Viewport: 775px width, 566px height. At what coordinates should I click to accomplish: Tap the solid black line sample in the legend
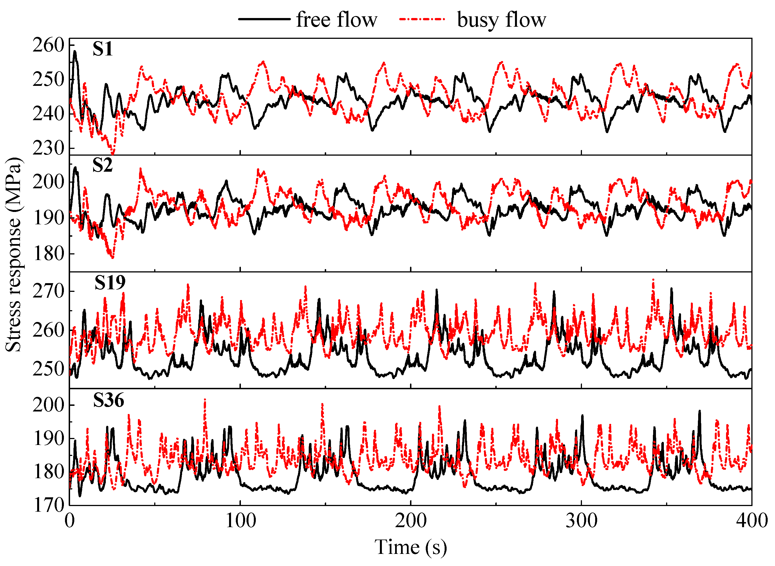(264, 19)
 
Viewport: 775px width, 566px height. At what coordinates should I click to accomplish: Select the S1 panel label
(102, 49)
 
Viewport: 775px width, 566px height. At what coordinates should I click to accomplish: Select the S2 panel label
(102, 165)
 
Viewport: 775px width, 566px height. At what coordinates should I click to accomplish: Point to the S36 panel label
(109, 400)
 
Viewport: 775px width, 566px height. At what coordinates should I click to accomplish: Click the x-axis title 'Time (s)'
(410, 547)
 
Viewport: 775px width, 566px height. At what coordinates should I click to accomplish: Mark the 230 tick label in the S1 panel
(48, 148)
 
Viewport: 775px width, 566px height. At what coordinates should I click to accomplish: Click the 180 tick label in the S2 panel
(48, 254)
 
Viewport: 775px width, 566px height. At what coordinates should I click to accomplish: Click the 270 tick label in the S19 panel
(48, 291)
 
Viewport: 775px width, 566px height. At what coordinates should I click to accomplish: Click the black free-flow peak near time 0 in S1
(75, 52)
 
